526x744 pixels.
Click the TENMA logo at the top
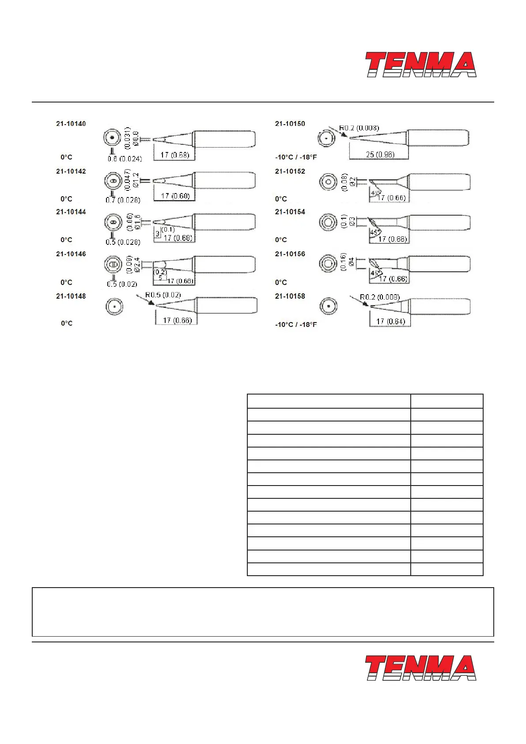click(420, 65)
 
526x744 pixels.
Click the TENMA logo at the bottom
click(420, 668)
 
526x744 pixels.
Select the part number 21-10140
click(71, 124)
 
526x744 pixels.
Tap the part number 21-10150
click(290, 124)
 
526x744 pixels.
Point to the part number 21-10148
click(71, 296)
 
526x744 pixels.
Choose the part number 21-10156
click(290, 254)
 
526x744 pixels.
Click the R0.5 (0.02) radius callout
click(163, 295)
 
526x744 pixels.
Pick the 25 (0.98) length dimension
click(380, 155)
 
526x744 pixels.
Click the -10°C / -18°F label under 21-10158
click(296, 325)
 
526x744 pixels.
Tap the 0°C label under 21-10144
click(66, 240)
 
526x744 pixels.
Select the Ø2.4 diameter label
click(137, 264)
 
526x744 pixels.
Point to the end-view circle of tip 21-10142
click(113, 181)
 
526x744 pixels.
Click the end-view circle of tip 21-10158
click(329, 306)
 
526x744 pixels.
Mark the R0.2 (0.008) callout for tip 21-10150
click(359, 128)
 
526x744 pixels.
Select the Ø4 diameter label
click(352, 262)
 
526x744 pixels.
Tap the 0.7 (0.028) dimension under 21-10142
click(123, 200)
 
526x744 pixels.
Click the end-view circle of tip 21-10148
click(114, 306)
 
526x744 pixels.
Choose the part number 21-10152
click(290, 171)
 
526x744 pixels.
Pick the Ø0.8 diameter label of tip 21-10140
click(135, 138)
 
